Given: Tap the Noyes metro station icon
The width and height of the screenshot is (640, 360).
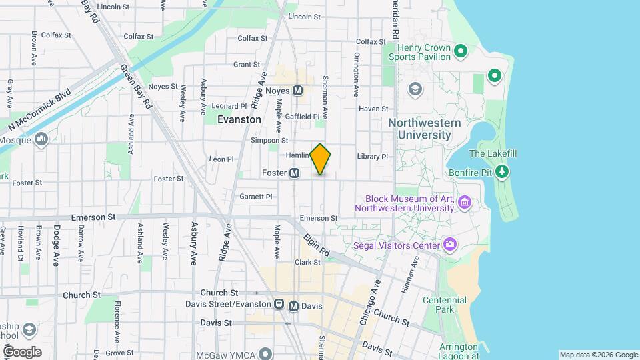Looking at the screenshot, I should [297, 90].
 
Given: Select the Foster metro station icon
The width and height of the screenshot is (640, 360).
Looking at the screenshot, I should [294, 173].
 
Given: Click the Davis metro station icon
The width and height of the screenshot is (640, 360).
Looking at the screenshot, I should [293, 306].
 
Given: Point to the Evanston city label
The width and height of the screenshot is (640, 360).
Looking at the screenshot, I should [239, 119].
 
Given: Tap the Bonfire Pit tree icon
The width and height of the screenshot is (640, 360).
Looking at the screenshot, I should [502, 173].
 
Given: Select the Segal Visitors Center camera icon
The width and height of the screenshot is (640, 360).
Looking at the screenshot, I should [450, 245].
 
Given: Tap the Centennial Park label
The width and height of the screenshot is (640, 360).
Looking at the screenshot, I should [445, 305].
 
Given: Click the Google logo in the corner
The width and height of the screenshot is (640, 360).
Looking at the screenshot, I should [22, 351].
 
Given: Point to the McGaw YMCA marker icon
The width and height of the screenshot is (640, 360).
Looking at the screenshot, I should [266, 353].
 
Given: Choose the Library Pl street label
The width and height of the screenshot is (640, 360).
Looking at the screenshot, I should [372, 157].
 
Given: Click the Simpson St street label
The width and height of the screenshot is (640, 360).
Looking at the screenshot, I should [269, 141].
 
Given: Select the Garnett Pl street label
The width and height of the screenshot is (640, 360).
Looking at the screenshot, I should [256, 197].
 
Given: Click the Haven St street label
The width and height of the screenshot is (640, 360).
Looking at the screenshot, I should [373, 109].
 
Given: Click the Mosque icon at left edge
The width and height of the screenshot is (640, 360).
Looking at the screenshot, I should [41, 139].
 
